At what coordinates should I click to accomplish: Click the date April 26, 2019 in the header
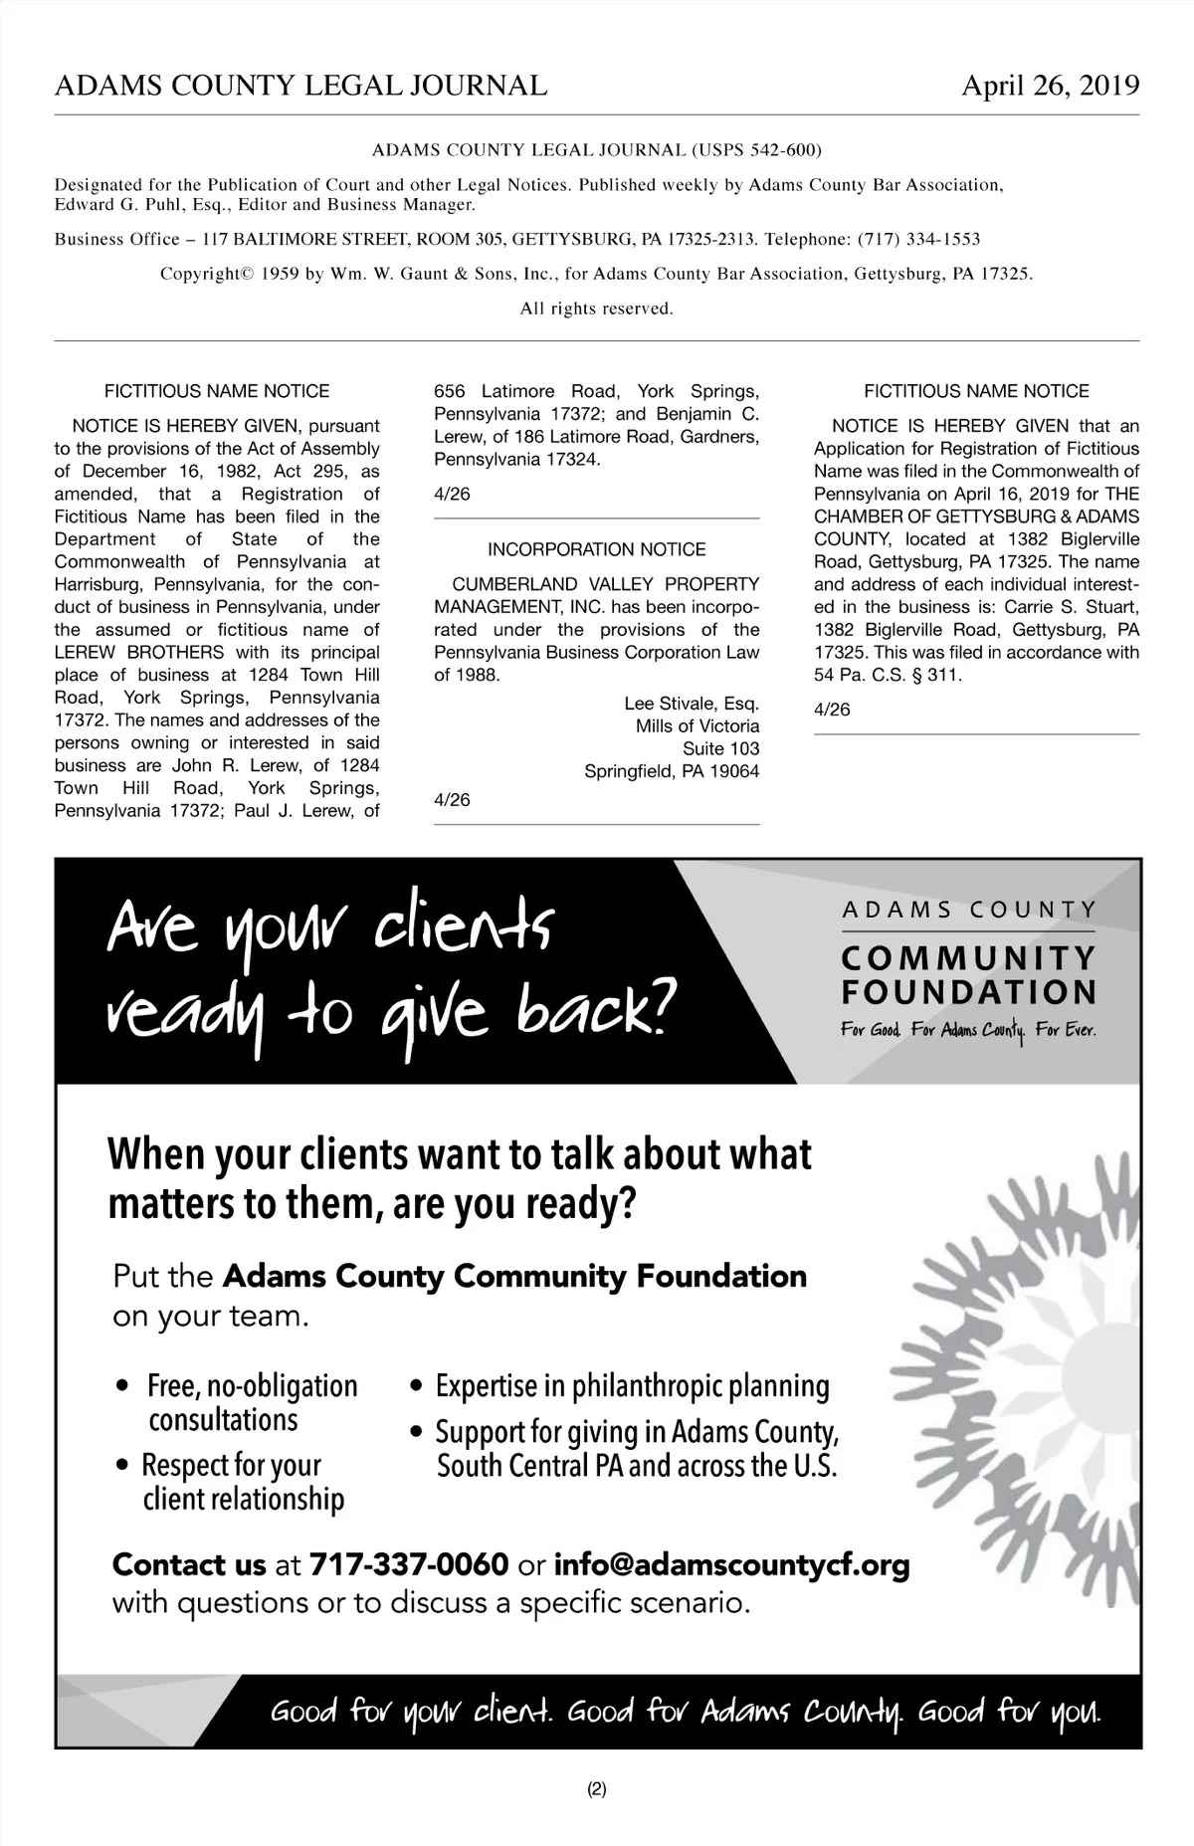coord(1050,87)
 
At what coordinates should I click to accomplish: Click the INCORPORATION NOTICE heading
coord(596,549)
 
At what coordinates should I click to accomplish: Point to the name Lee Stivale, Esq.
coord(692,704)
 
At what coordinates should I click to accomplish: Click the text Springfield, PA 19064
coord(672,772)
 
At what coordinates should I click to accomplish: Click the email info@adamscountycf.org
coord(731,1565)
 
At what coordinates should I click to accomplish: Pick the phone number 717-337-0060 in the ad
coord(409,1565)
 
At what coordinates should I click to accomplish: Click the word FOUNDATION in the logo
coord(969,992)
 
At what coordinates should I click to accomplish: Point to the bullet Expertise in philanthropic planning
coord(632,1385)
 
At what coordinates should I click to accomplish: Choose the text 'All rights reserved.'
coord(597,308)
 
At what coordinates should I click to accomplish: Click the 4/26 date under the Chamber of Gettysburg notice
coord(832,710)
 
